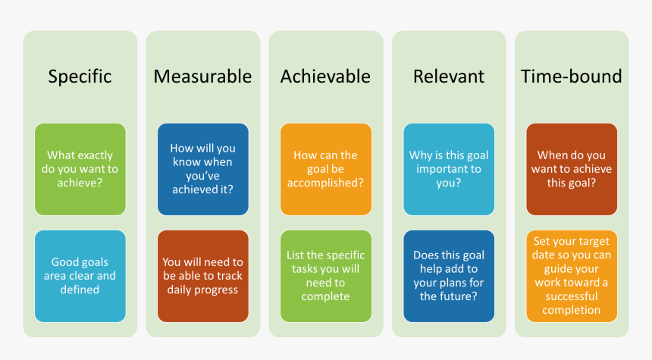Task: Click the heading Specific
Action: point(80,77)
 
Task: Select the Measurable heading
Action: point(202,77)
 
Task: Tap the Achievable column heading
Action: point(325,77)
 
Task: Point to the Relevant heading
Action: point(448,77)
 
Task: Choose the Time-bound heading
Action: point(571,77)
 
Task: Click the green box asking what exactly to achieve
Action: point(80,169)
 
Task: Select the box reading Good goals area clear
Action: point(80,276)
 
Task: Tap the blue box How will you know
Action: point(202,169)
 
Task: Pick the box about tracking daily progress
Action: point(202,276)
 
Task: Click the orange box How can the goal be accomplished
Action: point(325,169)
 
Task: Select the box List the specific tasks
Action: point(325,276)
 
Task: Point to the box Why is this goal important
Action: point(448,169)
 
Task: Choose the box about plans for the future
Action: point(448,276)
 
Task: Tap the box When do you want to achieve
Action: point(571,169)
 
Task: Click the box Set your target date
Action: point(571,276)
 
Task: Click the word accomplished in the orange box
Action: point(325,183)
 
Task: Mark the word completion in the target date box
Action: point(572,310)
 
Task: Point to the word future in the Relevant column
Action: point(459,296)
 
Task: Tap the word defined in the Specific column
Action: point(80,290)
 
